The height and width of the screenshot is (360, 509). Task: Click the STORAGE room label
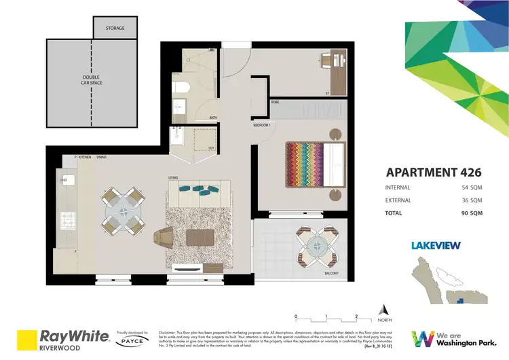point(115,29)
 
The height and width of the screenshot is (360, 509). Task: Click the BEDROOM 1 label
point(262,126)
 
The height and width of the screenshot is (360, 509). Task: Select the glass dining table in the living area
point(124,211)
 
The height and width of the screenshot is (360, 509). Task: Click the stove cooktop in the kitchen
point(67,220)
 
